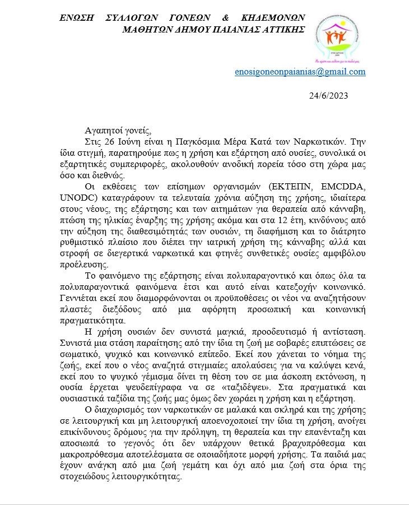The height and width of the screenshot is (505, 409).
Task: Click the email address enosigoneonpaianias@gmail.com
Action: click(300, 72)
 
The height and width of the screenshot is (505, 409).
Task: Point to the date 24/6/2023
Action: click(328, 95)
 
